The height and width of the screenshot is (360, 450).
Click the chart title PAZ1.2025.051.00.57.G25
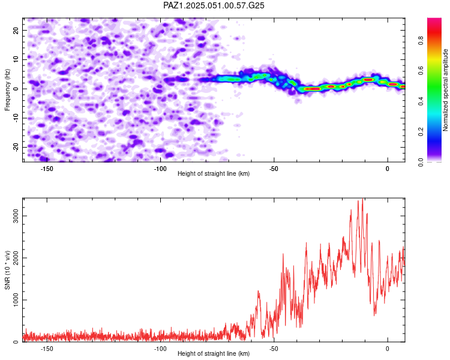coord(214,5)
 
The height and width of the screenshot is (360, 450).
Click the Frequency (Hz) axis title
coord(7,90)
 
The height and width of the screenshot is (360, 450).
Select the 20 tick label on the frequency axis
coord(16,31)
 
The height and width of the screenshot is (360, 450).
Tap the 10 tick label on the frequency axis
coord(16,59)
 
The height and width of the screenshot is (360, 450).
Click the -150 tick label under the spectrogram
coord(47,169)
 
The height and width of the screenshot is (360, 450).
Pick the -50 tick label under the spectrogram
coord(274,169)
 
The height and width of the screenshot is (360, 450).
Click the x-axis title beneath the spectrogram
coord(214,173)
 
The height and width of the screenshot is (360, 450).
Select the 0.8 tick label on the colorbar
coord(421,40)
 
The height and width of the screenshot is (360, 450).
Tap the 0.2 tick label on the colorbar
coord(421,131)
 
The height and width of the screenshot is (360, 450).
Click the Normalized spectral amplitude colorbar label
coord(445,90)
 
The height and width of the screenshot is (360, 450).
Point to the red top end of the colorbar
coord(434,19)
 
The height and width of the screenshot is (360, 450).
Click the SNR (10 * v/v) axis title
coord(7,270)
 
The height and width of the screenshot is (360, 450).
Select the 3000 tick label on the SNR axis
coord(16,216)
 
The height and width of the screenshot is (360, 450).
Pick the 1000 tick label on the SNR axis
coord(16,300)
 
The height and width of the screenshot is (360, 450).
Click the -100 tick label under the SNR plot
coord(160,349)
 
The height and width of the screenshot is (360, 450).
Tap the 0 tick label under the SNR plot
coord(388,349)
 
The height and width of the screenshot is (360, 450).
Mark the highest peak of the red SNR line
coord(362,199)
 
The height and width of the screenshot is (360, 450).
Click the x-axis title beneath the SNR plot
coord(214,353)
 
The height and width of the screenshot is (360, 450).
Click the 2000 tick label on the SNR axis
coord(16,258)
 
